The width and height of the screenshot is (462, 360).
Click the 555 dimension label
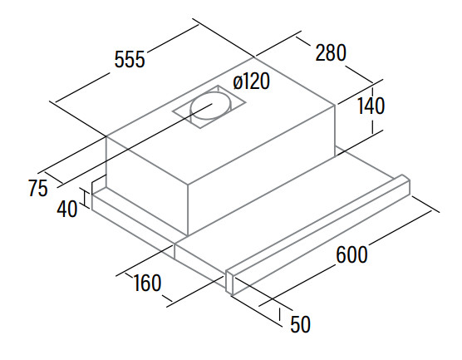coord(130,59)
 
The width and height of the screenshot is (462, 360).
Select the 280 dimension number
coord(331,52)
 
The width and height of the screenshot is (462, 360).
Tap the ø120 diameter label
coord(251,81)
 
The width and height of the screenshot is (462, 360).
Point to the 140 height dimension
coord(371,106)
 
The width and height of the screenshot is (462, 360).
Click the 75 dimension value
coord(38,189)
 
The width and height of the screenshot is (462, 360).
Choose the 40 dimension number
coord(67,209)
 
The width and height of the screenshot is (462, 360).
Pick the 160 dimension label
coord(147,283)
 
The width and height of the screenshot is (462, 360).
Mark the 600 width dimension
coord(351,254)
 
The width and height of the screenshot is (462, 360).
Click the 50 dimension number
coord(301,324)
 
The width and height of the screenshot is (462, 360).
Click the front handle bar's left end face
coord(229,282)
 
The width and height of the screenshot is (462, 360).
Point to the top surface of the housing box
coord(220,121)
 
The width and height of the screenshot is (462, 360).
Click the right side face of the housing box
coord(262,170)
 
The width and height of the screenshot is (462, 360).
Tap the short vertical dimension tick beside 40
coord(85,199)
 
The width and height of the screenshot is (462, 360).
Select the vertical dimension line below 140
coord(373,126)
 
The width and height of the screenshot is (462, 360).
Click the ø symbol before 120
coord(238,82)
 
